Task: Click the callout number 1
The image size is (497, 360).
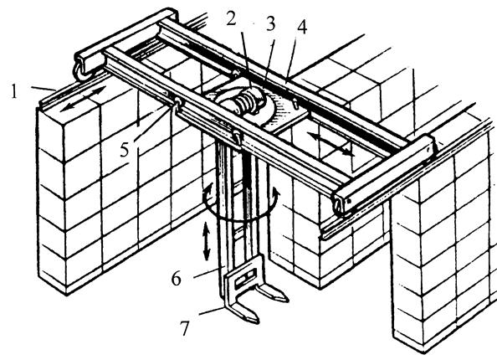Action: (14, 91)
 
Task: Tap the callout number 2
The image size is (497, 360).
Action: (232, 18)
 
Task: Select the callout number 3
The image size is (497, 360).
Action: (270, 23)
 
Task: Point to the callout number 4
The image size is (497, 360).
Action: (302, 28)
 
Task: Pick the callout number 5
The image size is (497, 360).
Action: (124, 150)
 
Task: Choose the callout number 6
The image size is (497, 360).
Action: (177, 279)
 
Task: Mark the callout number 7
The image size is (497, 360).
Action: (184, 328)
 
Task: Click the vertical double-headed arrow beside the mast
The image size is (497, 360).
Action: (207, 241)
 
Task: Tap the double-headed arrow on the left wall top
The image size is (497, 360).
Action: (83, 99)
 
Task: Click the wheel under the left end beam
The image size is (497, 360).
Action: (81, 73)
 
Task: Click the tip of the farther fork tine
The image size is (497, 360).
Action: (286, 299)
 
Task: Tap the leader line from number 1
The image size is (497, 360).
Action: (44, 89)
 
